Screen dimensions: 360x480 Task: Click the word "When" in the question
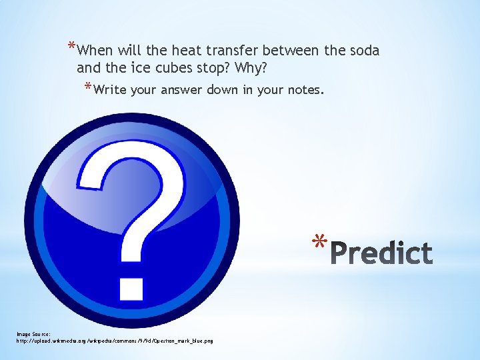point(95,51)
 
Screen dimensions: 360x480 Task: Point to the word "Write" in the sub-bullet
point(110,90)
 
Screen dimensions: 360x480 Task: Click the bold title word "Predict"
point(381,253)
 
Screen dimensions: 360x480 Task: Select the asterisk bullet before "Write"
point(88,87)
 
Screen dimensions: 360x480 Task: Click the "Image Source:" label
point(33,334)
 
